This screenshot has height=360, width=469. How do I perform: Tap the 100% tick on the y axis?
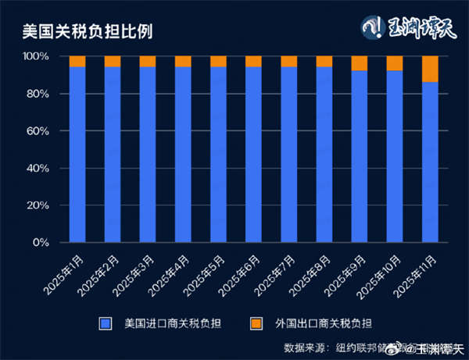[35, 57]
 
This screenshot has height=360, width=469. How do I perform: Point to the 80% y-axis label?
[38, 94]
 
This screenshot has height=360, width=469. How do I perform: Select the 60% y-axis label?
[38, 131]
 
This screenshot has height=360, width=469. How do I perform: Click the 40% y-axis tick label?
[38, 169]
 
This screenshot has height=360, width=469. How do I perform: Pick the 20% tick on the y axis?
[38, 205]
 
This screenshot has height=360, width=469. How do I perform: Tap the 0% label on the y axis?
[41, 243]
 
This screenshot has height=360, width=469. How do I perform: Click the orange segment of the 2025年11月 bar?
[430, 69]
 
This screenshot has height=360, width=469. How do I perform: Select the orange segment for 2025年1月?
[77, 62]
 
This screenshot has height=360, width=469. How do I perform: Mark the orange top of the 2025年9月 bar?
[359, 63]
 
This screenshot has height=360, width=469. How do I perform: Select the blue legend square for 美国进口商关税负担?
[104, 323]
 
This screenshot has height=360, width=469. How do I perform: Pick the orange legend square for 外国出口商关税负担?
[256, 323]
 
